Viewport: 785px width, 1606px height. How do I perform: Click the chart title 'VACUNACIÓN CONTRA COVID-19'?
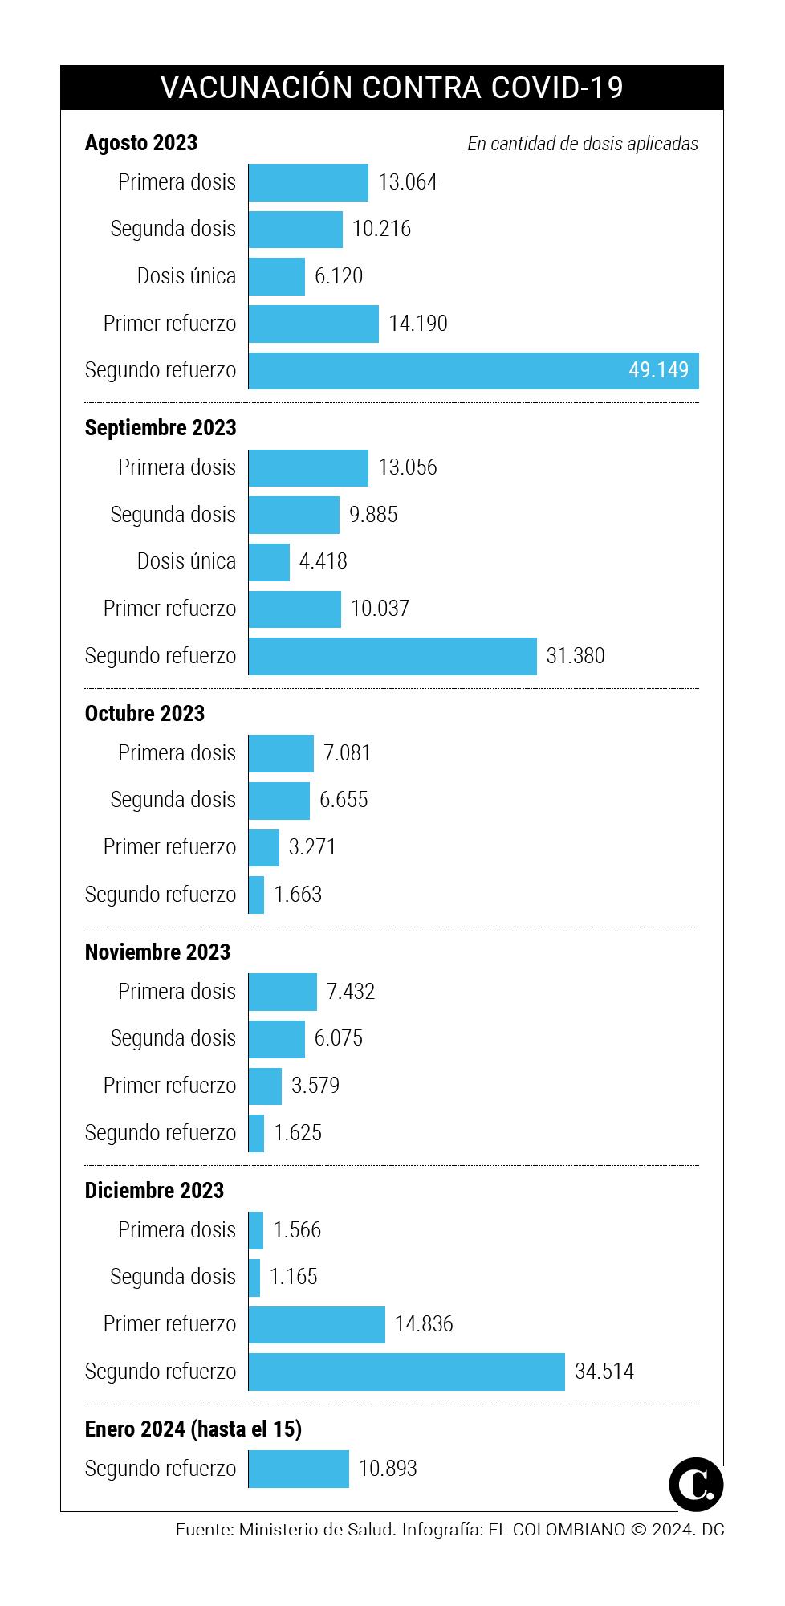tap(392, 88)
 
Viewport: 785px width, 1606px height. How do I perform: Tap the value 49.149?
tap(658, 370)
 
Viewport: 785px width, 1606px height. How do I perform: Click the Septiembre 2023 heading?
tap(161, 427)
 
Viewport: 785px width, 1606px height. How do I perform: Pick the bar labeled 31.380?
tap(392, 656)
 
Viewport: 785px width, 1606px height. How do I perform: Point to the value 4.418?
tap(323, 560)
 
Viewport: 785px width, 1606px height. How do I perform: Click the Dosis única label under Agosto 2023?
tap(186, 276)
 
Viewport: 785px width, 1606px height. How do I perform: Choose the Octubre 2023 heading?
tap(144, 713)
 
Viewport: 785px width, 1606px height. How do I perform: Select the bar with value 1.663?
tap(256, 895)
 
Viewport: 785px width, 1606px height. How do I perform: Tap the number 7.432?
tap(351, 992)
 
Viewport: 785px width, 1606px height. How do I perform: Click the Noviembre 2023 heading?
tap(157, 952)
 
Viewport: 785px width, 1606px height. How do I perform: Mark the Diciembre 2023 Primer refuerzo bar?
tap(316, 1324)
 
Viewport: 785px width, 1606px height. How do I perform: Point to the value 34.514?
tap(604, 1371)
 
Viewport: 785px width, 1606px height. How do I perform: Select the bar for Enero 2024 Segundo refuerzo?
tap(299, 1469)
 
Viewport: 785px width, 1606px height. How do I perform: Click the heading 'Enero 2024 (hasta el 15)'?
tap(193, 1429)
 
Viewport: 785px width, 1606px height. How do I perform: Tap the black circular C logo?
tap(695, 1485)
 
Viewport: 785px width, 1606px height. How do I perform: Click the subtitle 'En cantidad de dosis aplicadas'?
tap(583, 144)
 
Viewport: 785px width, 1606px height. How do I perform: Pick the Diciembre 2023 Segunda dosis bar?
tap(254, 1277)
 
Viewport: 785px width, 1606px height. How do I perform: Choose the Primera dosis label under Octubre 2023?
tap(177, 753)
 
